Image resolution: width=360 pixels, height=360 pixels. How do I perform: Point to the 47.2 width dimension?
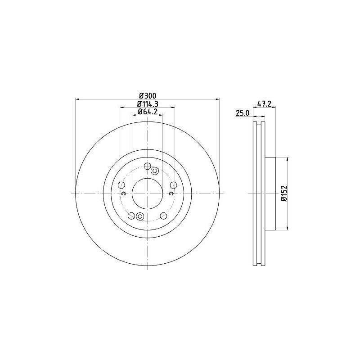point(264,104)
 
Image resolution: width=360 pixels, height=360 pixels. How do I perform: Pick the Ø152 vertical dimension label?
point(283,193)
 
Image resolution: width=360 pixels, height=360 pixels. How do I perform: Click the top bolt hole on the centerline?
point(147,167)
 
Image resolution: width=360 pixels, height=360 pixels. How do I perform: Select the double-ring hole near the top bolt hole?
point(155,171)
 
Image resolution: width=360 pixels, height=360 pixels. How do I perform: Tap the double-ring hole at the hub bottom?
point(139,216)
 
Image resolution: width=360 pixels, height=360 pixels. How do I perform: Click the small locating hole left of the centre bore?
point(124,193)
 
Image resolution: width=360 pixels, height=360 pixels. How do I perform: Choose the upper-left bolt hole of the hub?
point(121,185)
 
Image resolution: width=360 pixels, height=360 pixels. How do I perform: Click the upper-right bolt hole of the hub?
point(173,185)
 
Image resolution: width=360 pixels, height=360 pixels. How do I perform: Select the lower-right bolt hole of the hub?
point(163,216)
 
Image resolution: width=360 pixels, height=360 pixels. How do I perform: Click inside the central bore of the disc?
point(147,193)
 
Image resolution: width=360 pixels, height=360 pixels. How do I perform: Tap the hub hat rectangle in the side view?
point(270,193)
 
